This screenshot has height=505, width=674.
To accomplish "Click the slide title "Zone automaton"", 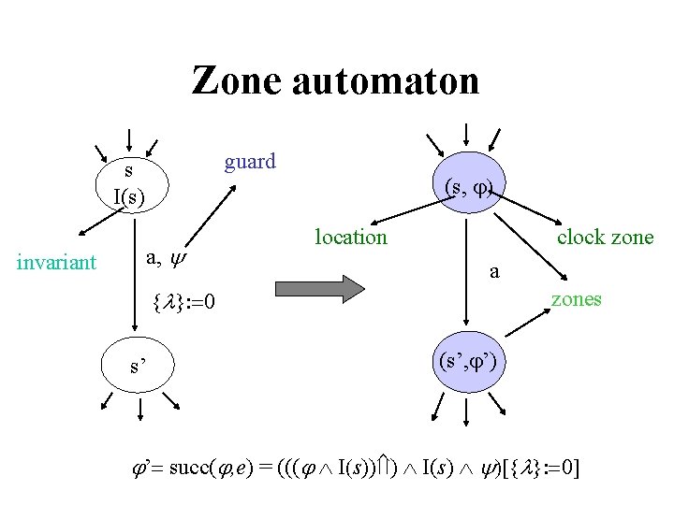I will [x=335, y=81].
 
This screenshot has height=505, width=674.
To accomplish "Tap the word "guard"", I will [x=250, y=162].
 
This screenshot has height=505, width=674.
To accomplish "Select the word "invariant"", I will [x=56, y=262].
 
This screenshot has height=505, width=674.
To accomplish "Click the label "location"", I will [x=350, y=238].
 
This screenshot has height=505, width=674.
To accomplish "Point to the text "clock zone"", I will [x=605, y=238].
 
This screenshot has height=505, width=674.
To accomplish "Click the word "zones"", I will [x=576, y=299].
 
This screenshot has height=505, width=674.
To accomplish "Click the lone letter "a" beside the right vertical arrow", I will [x=495, y=271].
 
